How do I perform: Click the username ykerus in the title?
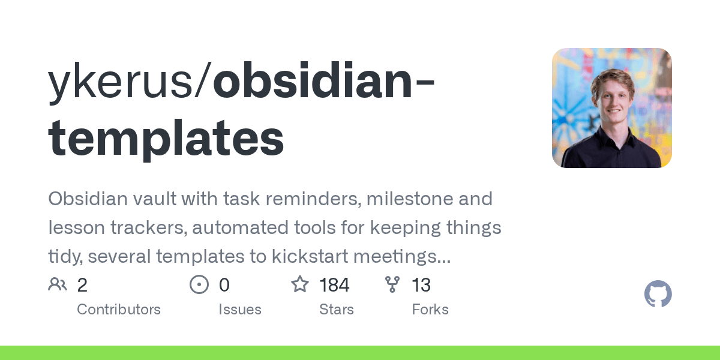tap(121, 83)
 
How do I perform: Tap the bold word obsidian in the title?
tap(313, 79)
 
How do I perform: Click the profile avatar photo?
tap(611, 107)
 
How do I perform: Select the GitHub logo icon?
tap(658, 293)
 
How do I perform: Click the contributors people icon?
tap(58, 284)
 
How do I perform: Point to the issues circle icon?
tap(199, 284)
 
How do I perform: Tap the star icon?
tap(300, 284)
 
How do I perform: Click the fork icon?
tap(392, 284)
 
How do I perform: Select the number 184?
tap(334, 285)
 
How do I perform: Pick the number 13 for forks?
tap(421, 285)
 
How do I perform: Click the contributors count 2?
tap(82, 285)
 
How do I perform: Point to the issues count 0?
tap(224, 285)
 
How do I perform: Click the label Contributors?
tap(119, 310)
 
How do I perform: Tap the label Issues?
tap(240, 310)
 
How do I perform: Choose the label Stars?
tap(337, 310)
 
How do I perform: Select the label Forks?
tap(430, 310)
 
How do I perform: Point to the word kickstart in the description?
tap(310, 256)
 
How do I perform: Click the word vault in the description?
tap(155, 199)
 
